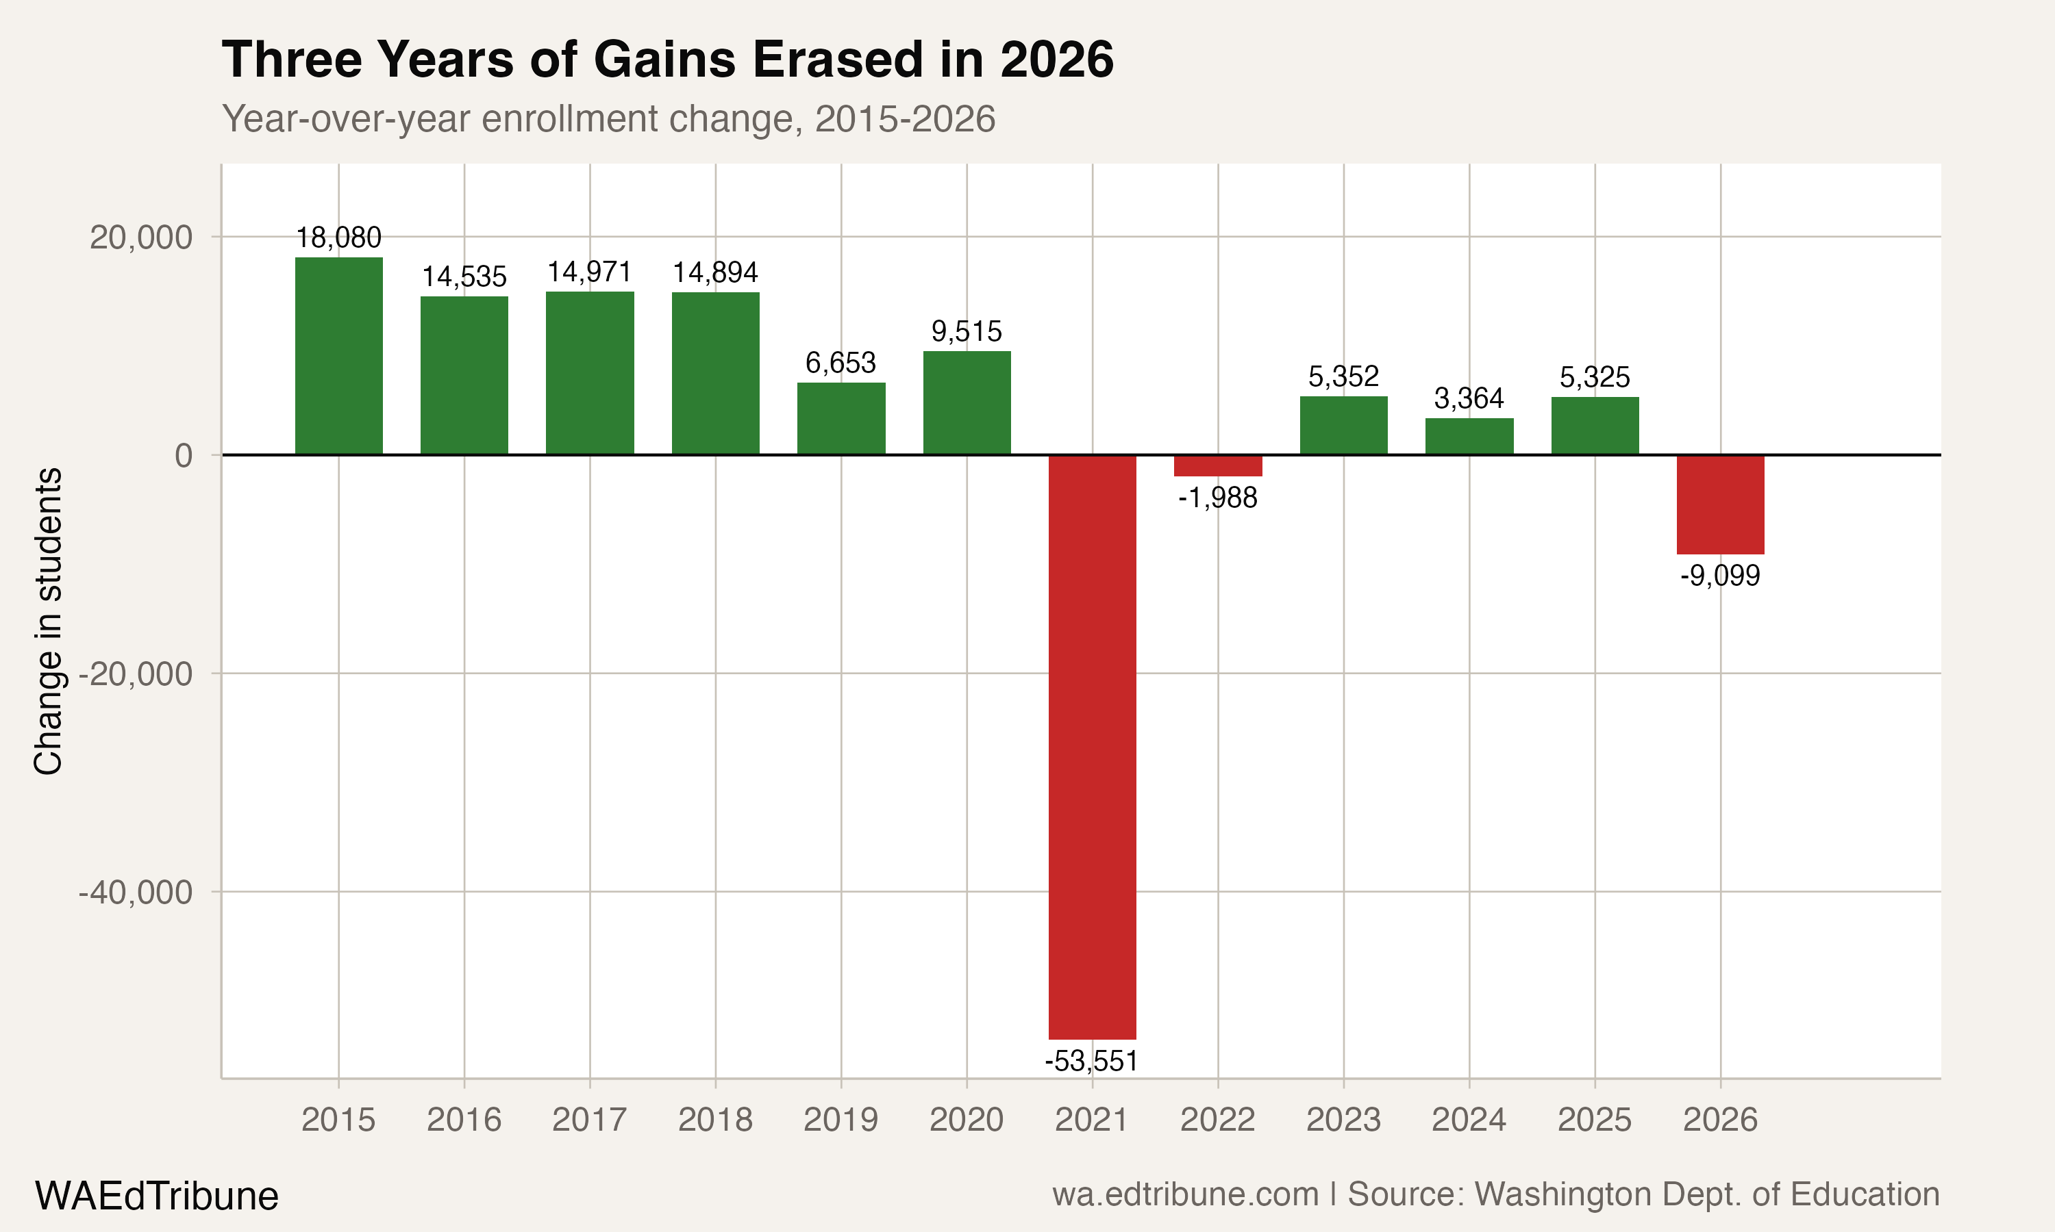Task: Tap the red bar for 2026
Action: pos(1719,504)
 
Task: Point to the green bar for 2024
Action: pos(1469,437)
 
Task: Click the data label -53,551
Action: pos(1091,1061)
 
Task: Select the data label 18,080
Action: pos(338,238)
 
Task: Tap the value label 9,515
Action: pos(966,331)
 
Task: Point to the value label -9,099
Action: pos(1719,576)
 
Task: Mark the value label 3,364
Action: pos(1469,398)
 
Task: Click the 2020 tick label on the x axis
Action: pos(966,1120)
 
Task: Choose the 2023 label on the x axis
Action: pos(1343,1120)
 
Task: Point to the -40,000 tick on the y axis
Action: pos(136,893)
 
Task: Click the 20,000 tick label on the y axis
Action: pos(140,238)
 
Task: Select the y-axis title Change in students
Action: pos(48,621)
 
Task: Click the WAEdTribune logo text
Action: pos(156,1196)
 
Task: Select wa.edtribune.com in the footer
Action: pos(1184,1194)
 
